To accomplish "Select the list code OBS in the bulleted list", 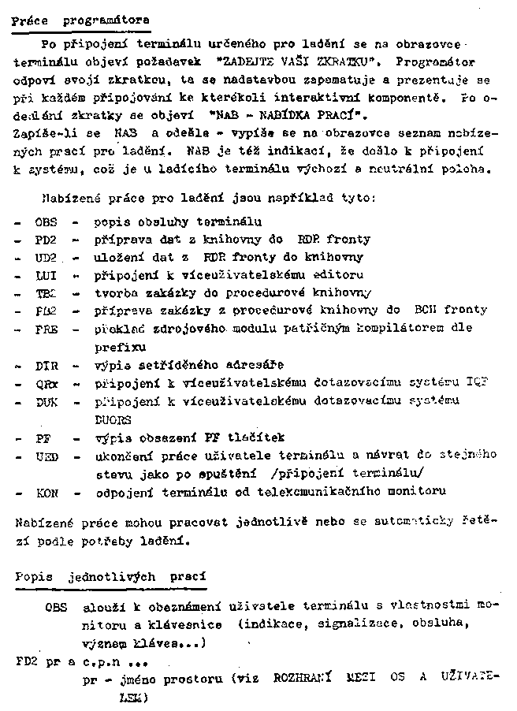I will [x=46, y=222].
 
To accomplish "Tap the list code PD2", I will [x=46, y=240].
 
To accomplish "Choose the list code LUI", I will [x=46, y=274].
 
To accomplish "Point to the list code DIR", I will [x=46, y=366].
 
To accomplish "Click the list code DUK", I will [x=46, y=401].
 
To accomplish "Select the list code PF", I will [x=43, y=437].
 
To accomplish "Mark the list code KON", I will [x=46, y=491].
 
